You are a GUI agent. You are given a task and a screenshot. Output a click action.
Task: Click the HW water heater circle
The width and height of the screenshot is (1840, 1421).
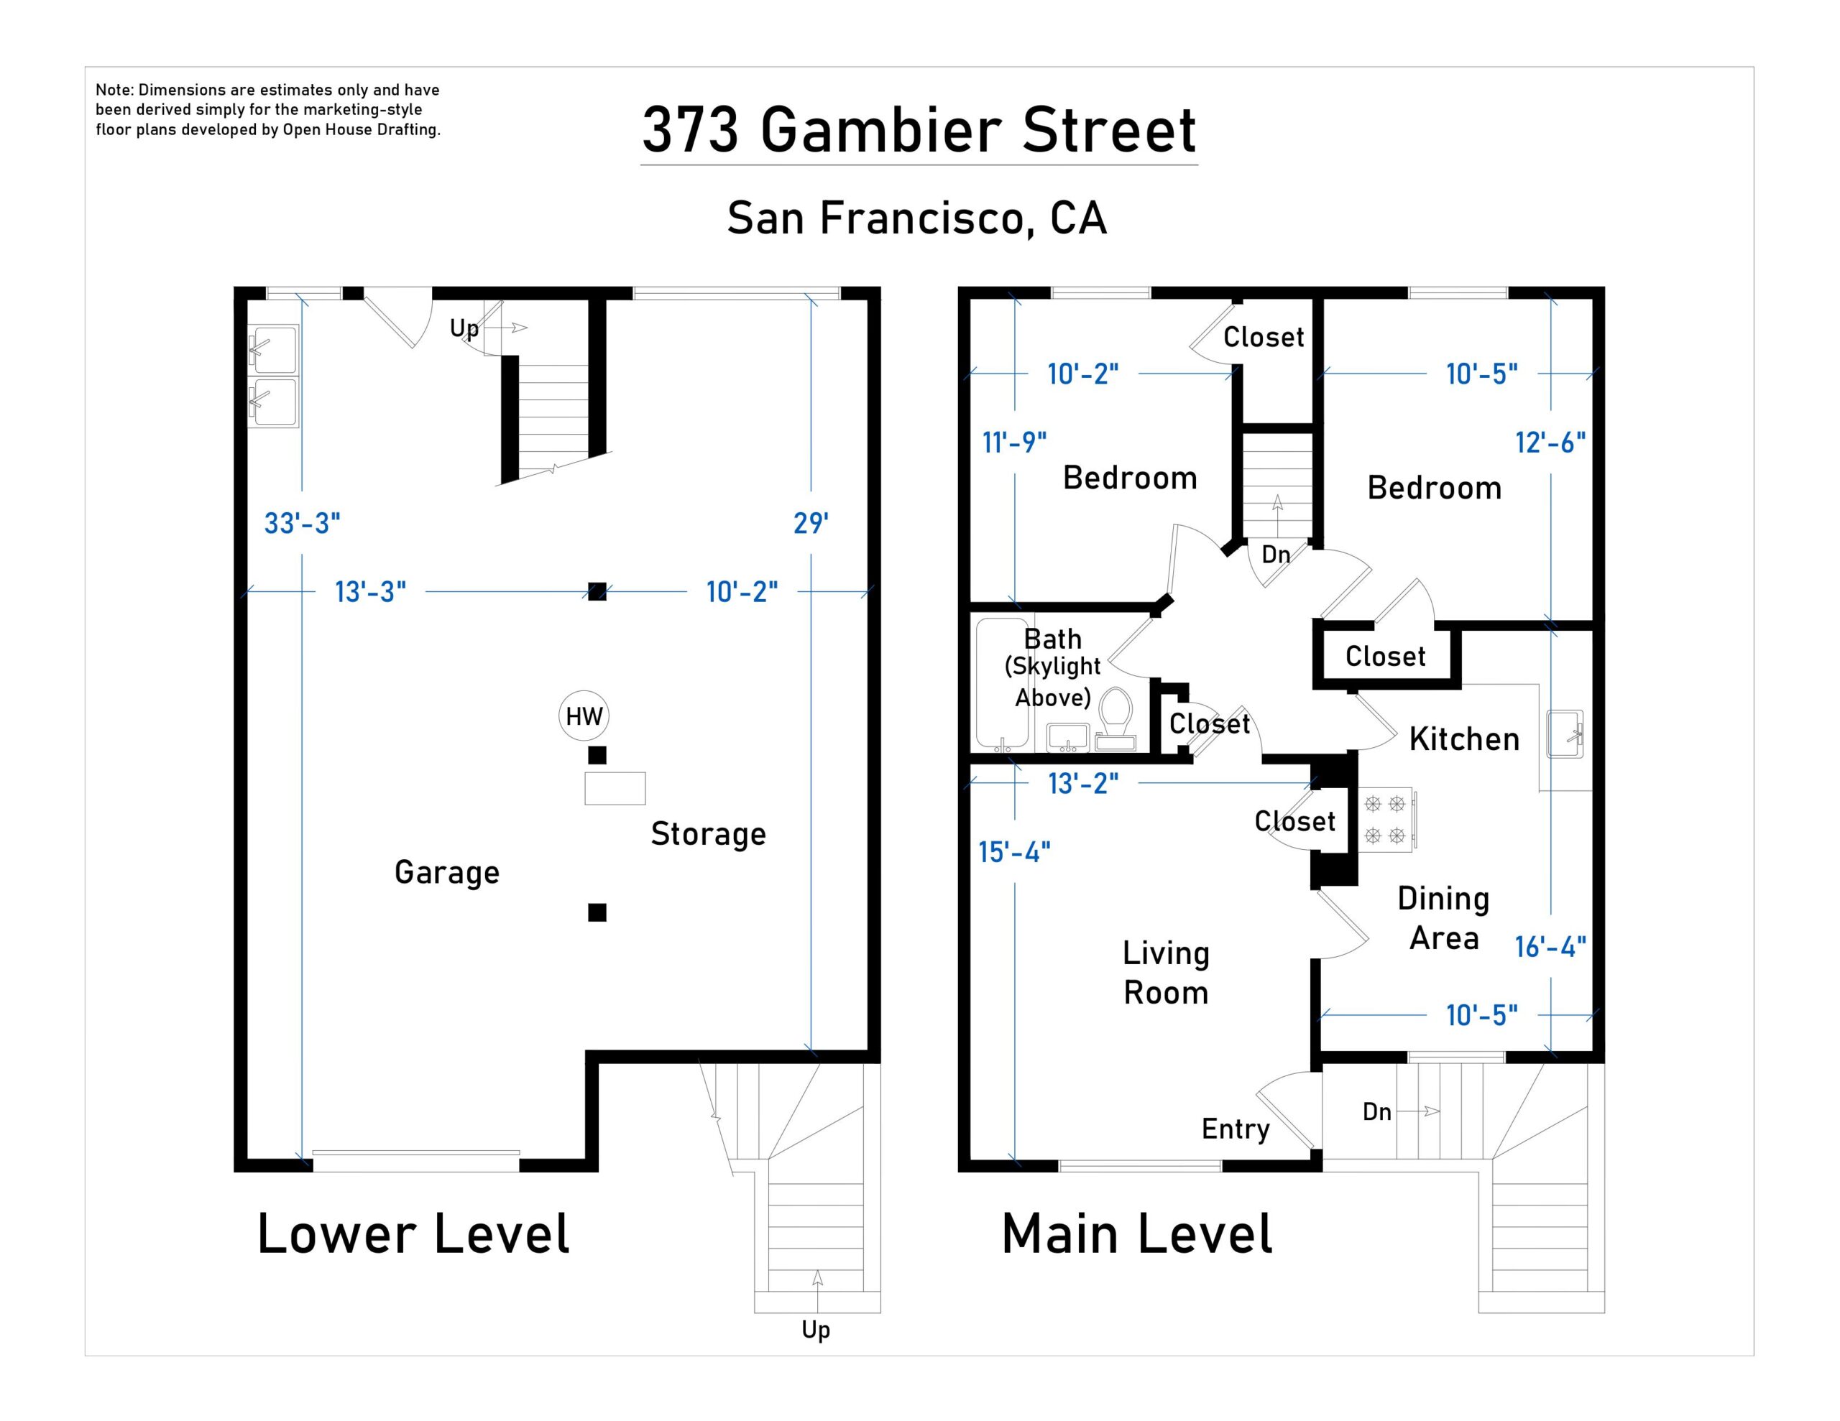(x=583, y=716)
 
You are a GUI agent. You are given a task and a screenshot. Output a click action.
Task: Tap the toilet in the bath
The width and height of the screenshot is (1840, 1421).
(x=1115, y=717)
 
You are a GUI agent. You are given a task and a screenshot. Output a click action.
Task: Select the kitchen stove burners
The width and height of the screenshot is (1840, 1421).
(x=1384, y=820)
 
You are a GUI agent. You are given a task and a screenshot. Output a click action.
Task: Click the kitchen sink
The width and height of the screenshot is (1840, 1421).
(x=1565, y=733)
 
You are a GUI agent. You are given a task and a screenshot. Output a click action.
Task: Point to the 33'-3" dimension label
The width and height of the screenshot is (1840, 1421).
(x=302, y=523)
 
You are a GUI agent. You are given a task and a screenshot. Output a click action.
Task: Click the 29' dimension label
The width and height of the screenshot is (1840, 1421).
(x=811, y=523)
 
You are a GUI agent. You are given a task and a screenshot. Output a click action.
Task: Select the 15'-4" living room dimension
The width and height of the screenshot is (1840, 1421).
(x=1013, y=853)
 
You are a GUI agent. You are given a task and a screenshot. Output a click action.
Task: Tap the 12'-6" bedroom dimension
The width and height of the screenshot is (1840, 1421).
(x=1550, y=443)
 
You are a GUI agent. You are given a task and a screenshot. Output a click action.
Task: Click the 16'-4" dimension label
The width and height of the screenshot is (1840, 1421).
(x=1550, y=947)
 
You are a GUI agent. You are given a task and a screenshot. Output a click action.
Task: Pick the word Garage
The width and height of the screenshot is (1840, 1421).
(x=446, y=872)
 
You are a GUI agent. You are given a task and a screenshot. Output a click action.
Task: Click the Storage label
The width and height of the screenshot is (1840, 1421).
(x=708, y=834)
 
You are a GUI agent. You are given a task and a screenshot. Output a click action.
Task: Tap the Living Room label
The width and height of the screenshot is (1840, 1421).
(x=1166, y=973)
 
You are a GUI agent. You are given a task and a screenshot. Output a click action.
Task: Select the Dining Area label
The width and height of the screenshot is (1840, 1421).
(x=1443, y=918)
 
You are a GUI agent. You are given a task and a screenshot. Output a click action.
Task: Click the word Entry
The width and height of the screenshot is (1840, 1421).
(x=1235, y=1129)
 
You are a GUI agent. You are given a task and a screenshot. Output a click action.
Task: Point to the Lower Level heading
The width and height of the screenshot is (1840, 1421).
(x=413, y=1234)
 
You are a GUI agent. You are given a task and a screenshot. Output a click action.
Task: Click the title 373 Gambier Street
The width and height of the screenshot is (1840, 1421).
(x=919, y=131)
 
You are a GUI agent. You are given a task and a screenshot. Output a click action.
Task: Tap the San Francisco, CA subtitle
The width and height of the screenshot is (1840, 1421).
(x=916, y=218)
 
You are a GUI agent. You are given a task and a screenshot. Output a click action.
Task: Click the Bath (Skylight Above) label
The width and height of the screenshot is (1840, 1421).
(x=1052, y=667)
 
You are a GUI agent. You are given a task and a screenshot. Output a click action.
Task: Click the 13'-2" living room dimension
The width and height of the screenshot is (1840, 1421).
(x=1082, y=783)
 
